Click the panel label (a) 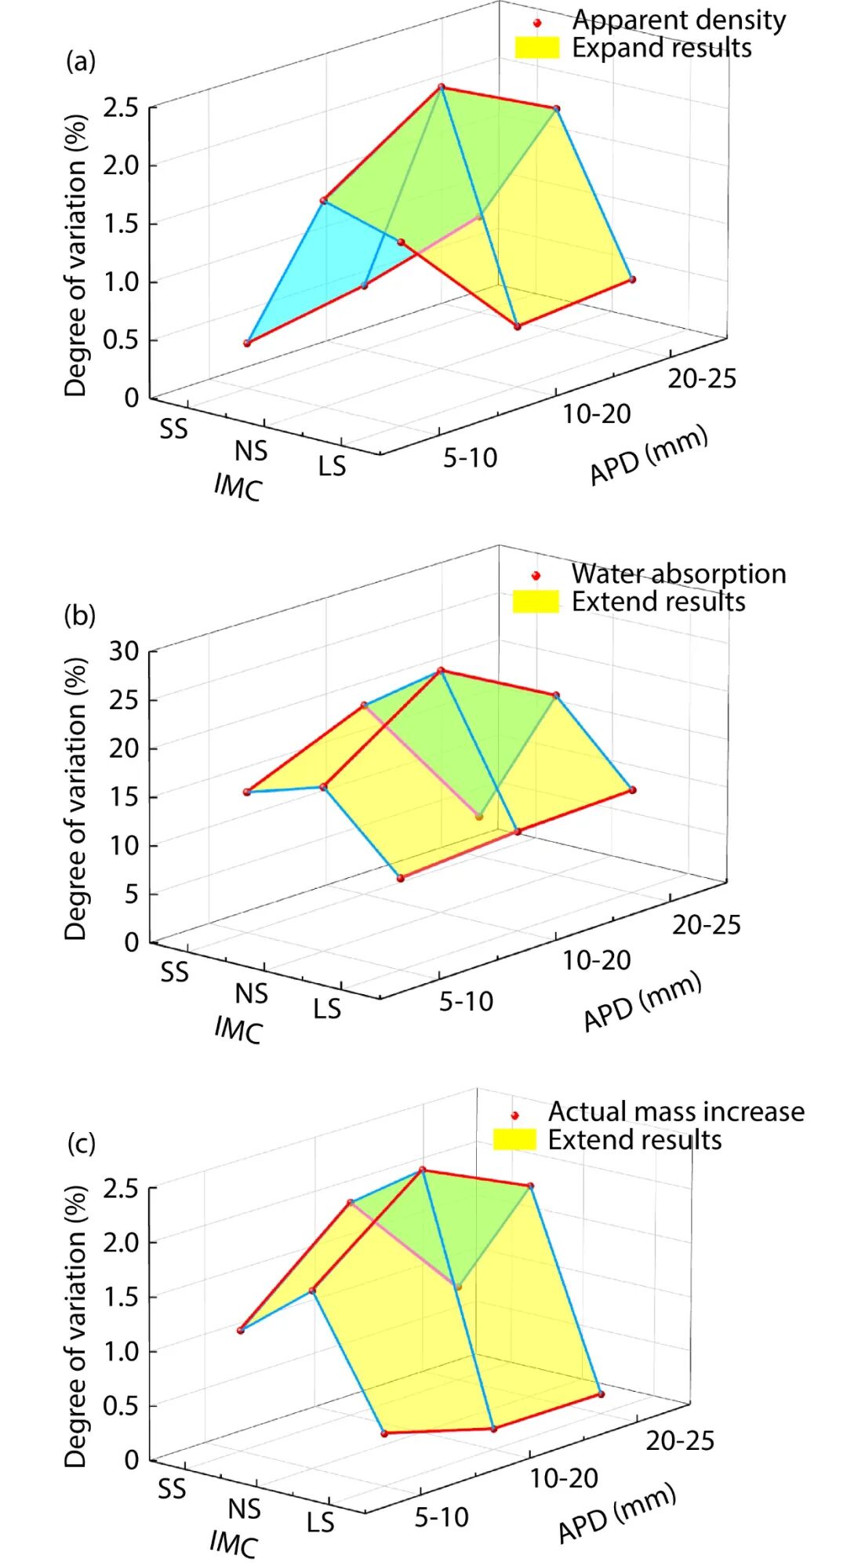tap(80, 61)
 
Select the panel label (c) tap(82, 1143)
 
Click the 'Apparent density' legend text tap(678, 20)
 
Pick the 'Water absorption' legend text tap(678, 574)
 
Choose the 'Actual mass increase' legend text tap(676, 1111)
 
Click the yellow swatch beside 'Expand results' tap(537, 48)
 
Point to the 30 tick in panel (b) tap(124, 650)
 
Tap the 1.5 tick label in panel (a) tap(121, 224)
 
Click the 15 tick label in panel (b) tap(124, 796)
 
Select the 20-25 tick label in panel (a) tap(703, 378)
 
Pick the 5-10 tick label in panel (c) tap(442, 1517)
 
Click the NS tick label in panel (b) tap(251, 994)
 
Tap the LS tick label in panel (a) tap(332, 467)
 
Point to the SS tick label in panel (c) tap(172, 1488)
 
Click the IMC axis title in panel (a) tap(238, 487)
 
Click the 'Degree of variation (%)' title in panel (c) tap(75, 1325)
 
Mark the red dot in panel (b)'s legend tap(536, 576)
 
